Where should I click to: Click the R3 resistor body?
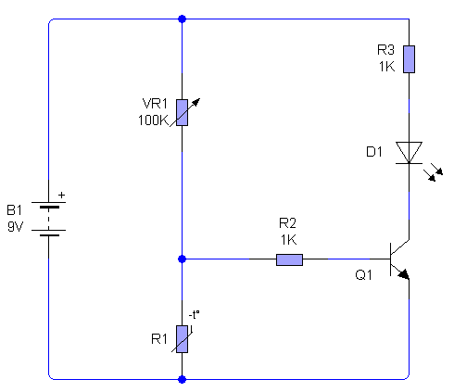tap(409, 59)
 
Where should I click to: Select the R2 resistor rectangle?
tap(289, 259)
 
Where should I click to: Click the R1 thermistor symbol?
tap(183, 339)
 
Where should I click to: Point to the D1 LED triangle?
tap(409, 152)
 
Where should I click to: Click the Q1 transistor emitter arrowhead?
tap(404, 274)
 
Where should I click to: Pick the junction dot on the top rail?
tap(183, 19)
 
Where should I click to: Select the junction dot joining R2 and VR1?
tap(183, 259)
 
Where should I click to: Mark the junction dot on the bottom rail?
tap(183, 379)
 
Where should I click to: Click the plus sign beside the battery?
tap(62, 195)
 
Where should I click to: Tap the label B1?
tap(14, 210)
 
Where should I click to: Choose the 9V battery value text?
tap(15, 227)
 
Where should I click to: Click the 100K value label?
tap(153, 120)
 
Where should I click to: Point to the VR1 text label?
tap(155, 104)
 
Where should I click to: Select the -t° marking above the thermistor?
tap(194, 315)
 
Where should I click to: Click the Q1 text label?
tap(363, 274)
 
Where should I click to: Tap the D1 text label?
tap(374, 152)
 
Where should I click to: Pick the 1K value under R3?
tap(386, 67)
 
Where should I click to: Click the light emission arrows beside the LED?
tap(433, 173)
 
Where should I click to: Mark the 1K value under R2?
tap(289, 240)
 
